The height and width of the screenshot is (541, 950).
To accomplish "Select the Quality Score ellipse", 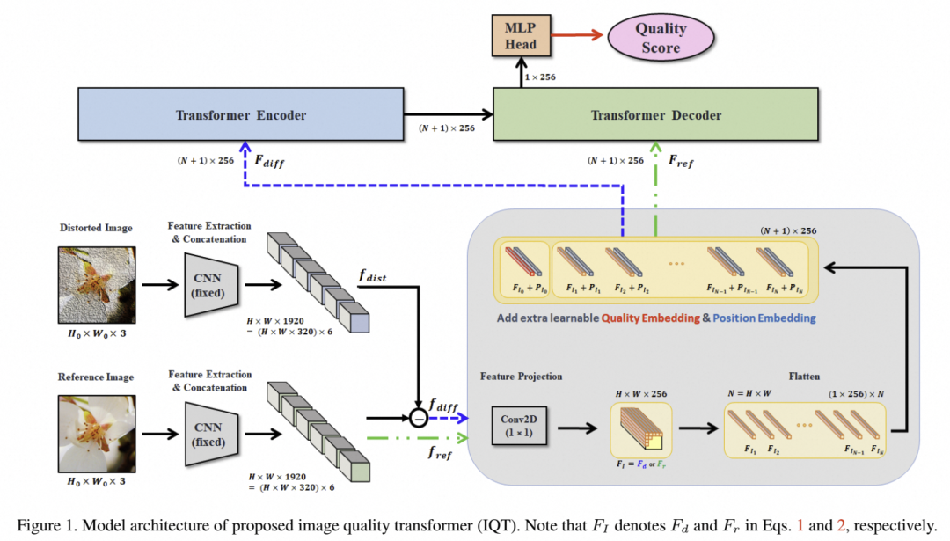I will point(661,37).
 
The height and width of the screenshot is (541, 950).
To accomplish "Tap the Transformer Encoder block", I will point(239,114).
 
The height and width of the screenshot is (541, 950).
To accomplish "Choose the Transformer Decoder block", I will point(656,114).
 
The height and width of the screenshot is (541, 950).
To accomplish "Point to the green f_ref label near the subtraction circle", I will point(442,454).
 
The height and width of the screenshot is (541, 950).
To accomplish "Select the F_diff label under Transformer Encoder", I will point(268,162).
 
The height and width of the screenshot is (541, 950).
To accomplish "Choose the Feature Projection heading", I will point(521,376).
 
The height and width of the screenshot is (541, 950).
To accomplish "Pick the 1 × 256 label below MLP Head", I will point(540,77).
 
